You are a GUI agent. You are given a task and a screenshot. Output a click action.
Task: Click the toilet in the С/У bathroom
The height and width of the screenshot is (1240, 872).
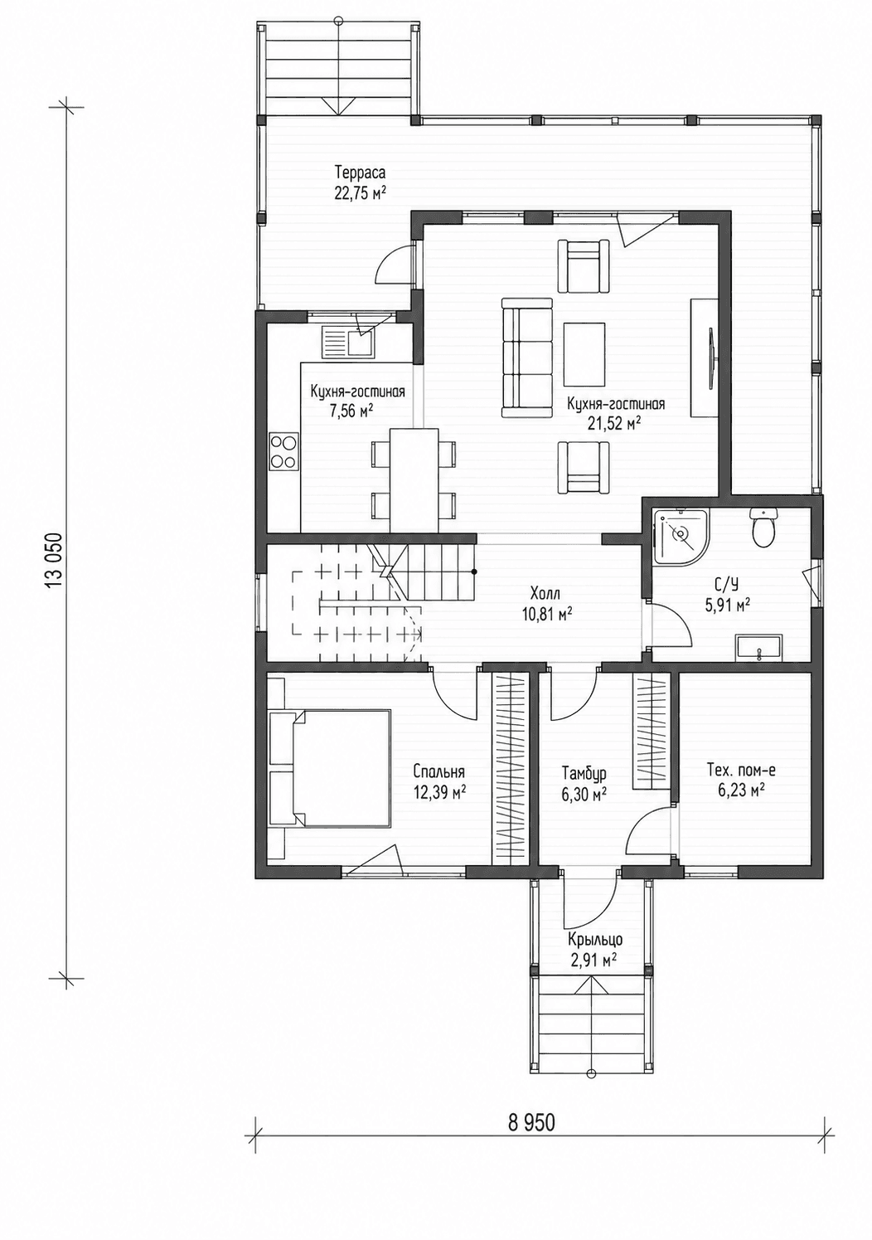(x=764, y=528)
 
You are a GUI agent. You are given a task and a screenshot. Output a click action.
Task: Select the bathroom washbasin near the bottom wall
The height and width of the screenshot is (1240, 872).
(x=758, y=649)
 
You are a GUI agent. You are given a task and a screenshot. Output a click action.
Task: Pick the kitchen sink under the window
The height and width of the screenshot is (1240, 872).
(x=347, y=342)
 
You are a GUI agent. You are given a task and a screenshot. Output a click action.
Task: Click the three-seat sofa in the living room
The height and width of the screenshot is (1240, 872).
(x=526, y=357)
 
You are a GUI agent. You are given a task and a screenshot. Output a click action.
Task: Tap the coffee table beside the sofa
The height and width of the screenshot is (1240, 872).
(x=585, y=355)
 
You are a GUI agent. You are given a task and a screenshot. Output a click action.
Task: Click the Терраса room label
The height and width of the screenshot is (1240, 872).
(x=360, y=171)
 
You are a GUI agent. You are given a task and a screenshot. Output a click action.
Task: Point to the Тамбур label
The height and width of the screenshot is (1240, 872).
(x=584, y=772)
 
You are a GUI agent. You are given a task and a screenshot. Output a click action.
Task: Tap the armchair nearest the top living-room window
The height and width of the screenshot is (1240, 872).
(x=584, y=265)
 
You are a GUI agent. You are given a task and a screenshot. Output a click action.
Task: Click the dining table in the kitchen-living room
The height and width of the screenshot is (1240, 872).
(x=414, y=480)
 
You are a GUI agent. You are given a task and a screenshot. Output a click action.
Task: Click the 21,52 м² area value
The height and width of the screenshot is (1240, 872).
(x=615, y=424)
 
